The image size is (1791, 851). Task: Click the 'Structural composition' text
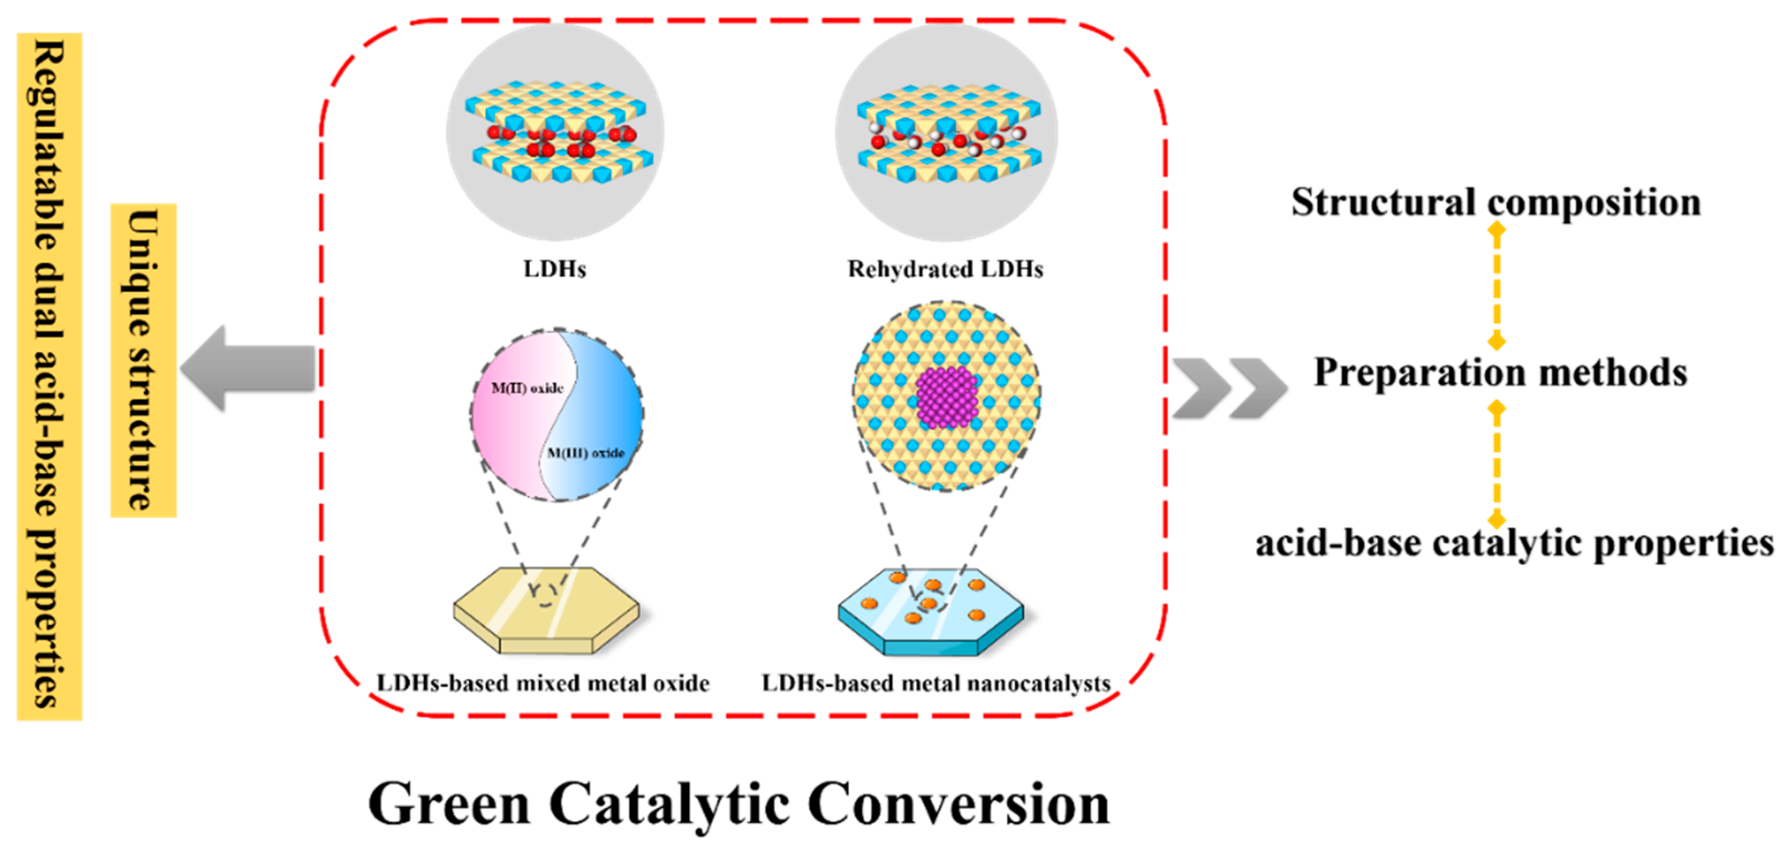pos(1496,202)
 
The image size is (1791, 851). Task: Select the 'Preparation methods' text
pos(1500,372)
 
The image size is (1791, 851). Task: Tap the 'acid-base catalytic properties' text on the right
pos(1514,543)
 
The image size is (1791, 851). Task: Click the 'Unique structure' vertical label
pos(144,360)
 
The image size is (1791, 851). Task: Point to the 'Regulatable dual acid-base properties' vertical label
pos(49,376)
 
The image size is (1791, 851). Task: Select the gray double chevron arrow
pos(1229,388)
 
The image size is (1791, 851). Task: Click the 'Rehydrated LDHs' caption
pos(945,269)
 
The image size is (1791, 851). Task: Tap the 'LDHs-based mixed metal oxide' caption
pos(543,684)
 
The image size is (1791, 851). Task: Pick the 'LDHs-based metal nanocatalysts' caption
pos(936,684)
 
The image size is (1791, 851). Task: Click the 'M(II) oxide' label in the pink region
pos(527,388)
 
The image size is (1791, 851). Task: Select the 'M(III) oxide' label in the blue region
pos(585,453)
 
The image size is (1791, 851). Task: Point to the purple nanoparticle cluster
pos(946,396)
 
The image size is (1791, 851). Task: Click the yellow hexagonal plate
pos(546,609)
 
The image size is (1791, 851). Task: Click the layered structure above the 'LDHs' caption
pos(555,132)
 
